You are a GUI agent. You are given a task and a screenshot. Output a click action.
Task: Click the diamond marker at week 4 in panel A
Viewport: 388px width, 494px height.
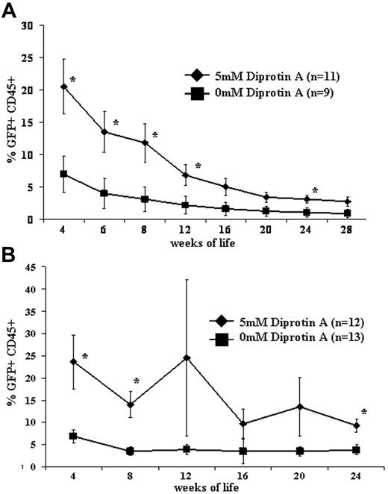[x=63, y=87]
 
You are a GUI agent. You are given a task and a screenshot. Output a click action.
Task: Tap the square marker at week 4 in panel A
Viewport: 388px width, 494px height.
[x=63, y=174]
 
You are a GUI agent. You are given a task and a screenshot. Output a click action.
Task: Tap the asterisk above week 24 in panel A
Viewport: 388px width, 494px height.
[x=315, y=191]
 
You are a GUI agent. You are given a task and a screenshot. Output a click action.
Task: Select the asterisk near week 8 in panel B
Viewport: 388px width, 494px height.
[x=137, y=382]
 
